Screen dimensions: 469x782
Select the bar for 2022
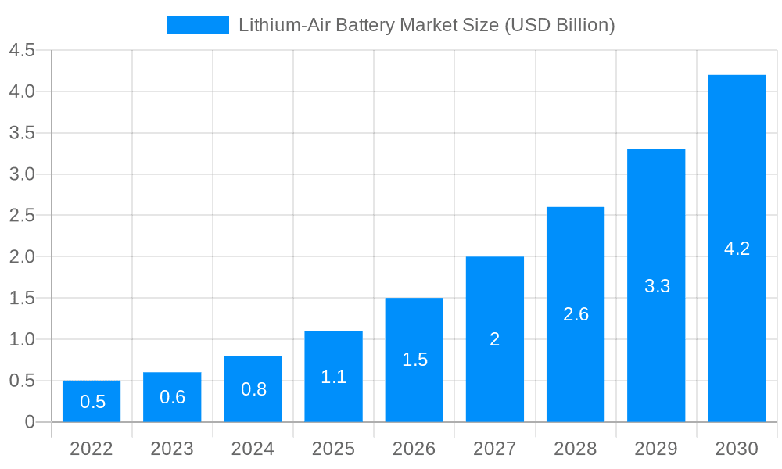click(91, 401)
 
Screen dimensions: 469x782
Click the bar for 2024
click(253, 388)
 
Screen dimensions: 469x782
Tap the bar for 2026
click(414, 360)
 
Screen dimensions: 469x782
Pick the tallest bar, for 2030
click(737, 249)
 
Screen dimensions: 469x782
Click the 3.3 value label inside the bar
click(657, 286)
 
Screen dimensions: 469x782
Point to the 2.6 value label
click(576, 314)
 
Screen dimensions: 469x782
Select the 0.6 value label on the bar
click(172, 397)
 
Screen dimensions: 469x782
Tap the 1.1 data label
click(333, 377)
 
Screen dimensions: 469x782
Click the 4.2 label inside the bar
click(737, 249)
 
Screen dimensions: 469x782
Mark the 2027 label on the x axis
click(495, 449)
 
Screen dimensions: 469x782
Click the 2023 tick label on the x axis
click(172, 449)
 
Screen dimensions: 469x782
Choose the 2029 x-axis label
click(656, 449)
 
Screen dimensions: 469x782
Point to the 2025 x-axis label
click(333, 449)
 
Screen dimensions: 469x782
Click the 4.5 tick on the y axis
click(22, 51)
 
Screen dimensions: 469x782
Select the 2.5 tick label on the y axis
click(22, 216)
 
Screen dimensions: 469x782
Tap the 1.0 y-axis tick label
click(22, 339)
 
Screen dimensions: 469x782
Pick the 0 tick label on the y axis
click(30, 422)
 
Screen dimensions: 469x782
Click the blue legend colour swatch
click(198, 25)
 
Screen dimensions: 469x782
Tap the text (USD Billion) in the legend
click(560, 25)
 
